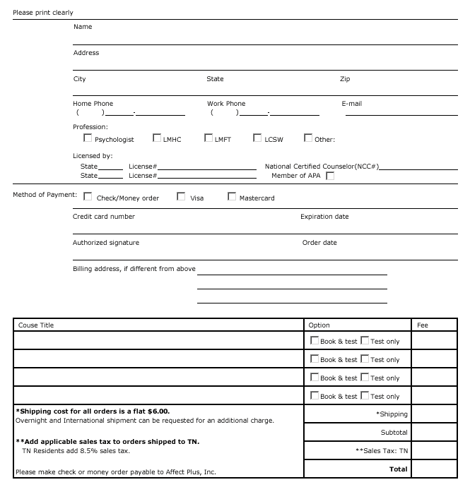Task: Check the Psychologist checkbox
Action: (x=88, y=138)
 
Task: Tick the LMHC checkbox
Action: (x=157, y=138)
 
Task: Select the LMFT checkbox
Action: (x=208, y=138)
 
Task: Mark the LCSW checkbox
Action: (x=258, y=138)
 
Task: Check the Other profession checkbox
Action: (x=308, y=138)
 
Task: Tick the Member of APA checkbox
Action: (x=330, y=176)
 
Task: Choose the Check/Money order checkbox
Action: (x=88, y=197)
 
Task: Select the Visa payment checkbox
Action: (x=181, y=197)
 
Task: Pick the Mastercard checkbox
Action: (x=232, y=197)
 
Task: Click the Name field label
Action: (x=83, y=27)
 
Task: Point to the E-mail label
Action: (x=351, y=104)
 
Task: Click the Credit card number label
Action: (x=104, y=217)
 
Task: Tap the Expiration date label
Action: (x=324, y=217)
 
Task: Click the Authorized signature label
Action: (x=106, y=243)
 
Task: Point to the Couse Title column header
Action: (x=36, y=325)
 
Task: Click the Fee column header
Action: (x=423, y=325)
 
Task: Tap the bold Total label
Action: (x=399, y=469)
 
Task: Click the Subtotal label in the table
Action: (x=394, y=432)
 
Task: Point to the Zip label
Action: (x=345, y=79)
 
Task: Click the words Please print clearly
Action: (x=43, y=13)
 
